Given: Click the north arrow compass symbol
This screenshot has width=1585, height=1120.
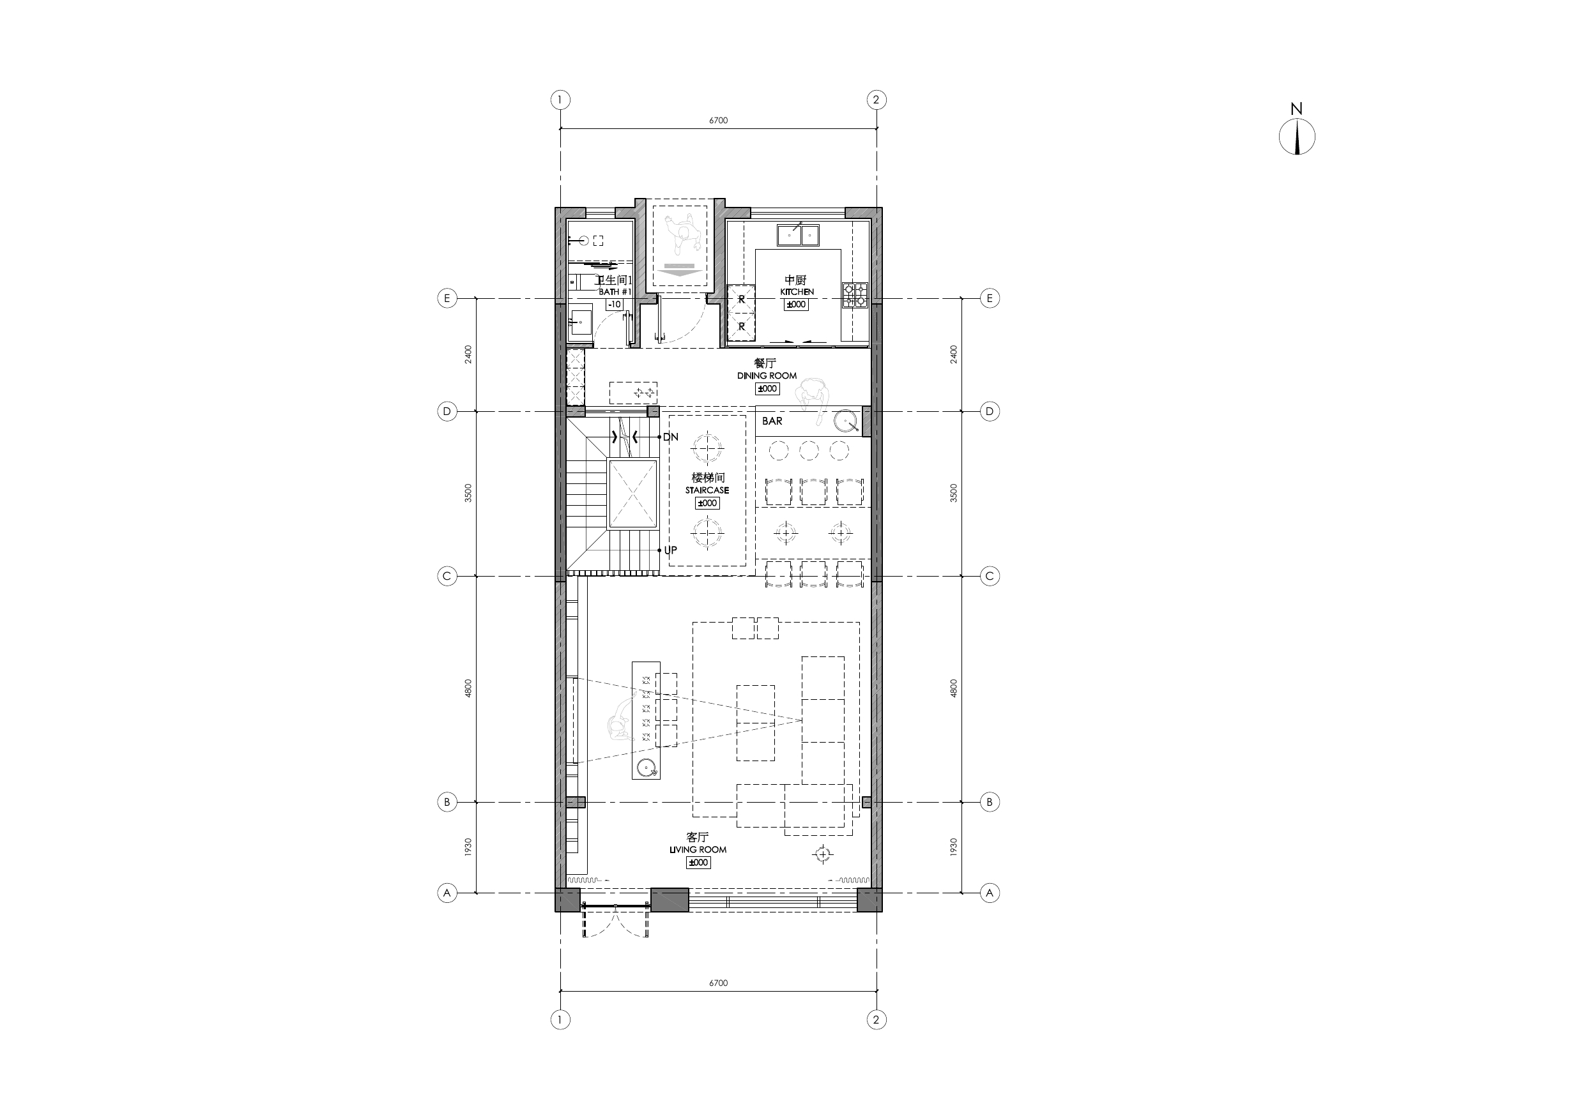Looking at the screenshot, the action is [1296, 136].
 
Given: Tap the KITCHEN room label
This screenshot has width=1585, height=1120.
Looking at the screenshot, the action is [797, 292].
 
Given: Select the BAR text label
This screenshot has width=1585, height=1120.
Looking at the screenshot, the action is [772, 421].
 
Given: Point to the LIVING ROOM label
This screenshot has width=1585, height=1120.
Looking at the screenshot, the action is [698, 849].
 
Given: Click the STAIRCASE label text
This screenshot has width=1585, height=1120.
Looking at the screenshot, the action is [707, 490].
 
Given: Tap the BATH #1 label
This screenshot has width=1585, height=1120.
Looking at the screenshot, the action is [615, 292].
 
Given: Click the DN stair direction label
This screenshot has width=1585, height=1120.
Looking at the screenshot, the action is [670, 437].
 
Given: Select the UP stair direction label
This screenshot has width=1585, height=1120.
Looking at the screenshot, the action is [670, 550].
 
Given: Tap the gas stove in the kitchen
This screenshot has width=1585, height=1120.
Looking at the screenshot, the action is [855, 296].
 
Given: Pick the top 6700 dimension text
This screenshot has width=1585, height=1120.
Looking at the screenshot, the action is [718, 120].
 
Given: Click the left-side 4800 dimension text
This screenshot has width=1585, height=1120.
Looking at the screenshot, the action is [468, 688].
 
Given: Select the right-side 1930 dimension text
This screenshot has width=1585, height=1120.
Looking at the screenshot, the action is [953, 847].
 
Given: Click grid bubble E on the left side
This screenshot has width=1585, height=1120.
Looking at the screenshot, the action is [447, 298].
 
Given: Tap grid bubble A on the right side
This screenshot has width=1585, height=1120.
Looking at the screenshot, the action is [989, 892].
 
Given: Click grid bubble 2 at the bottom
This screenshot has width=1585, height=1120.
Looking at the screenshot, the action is [876, 1020].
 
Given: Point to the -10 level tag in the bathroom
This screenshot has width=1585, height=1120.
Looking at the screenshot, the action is [614, 305].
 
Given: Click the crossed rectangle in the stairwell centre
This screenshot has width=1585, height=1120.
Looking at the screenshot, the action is [632, 494].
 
